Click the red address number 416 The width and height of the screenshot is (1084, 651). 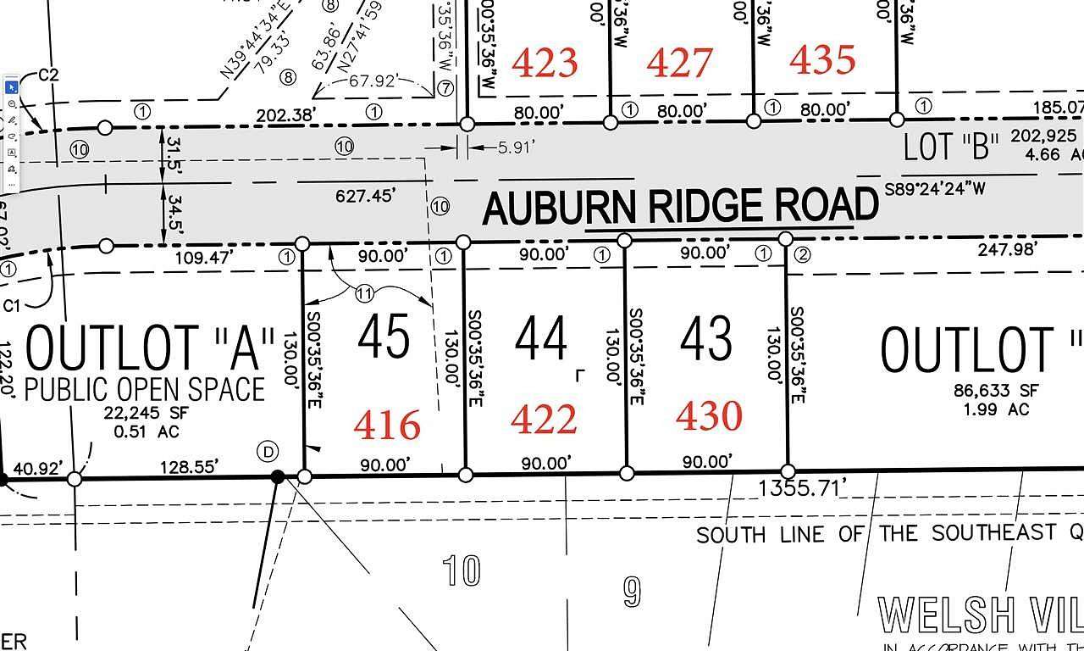(x=387, y=425)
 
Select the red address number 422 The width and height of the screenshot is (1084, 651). (x=545, y=420)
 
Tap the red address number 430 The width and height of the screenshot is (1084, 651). (x=709, y=416)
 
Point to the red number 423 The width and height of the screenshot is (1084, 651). (x=545, y=63)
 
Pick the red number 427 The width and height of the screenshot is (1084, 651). (x=679, y=62)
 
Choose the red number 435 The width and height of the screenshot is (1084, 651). (x=821, y=59)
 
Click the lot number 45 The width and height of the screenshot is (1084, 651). (x=384, y=337)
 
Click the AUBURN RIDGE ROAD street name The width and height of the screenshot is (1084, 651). (x=680, y=207)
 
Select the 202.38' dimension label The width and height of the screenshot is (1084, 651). (x=285, y=114)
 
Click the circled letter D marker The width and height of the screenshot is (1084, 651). (x=269, y=452)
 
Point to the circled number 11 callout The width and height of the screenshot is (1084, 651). (x=364, y=293)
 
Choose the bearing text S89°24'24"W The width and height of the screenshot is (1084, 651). (x=935, y=189)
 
